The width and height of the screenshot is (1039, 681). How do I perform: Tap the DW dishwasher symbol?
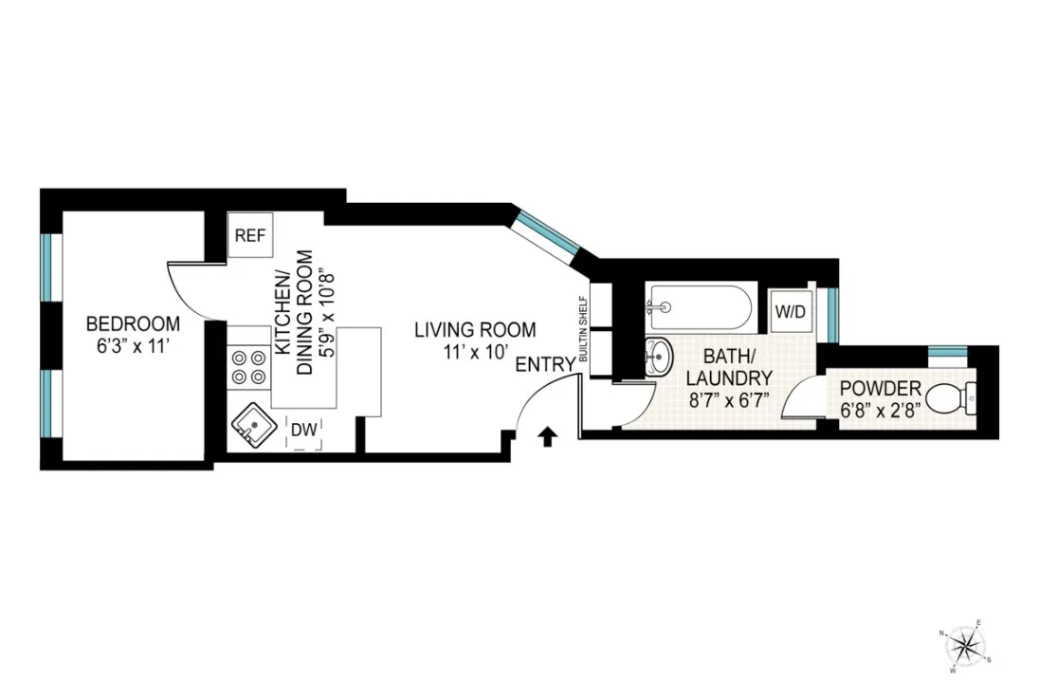(x=302, y=431)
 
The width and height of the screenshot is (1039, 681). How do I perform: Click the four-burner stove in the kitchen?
(x=248, y=367)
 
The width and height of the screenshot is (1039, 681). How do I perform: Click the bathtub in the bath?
(x=700, y=307)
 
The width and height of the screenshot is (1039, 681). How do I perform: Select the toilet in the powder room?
(x=948, y=398)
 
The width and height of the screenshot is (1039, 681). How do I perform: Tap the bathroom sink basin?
(x=656, y=358)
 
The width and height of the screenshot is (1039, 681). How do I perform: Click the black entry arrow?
(x=547, y=436)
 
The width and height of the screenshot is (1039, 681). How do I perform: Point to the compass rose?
(x=965, y=646)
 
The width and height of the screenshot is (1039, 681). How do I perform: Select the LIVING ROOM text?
(x=474, y=330)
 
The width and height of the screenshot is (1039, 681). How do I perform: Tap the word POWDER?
(x=881, y=388)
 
